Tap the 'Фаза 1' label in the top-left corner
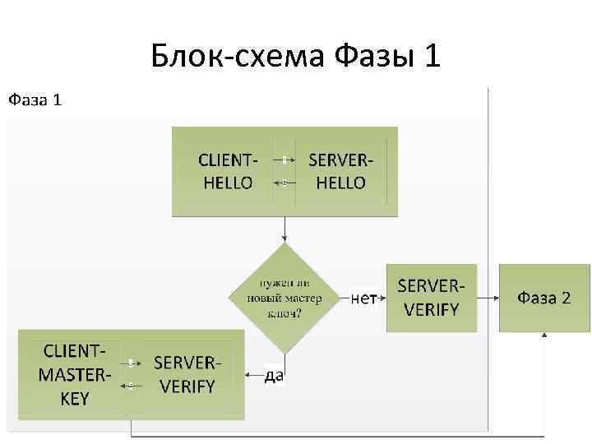pos(35,100)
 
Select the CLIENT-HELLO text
pos(228,171)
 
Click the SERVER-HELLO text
pos(340,171)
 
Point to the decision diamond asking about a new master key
pos(285,298)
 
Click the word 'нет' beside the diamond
pos(363,298)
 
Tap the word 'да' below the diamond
pos(275,376)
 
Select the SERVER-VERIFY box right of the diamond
pos(431,298)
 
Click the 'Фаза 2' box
pos(543,298)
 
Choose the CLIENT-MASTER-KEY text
pos(73,375)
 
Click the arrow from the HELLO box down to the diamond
pos(284,229)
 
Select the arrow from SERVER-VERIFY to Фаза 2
pos(487,298)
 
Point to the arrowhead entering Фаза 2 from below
pos(543,336)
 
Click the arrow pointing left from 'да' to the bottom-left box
pos(253,375)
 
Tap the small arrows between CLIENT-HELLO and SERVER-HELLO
pos(284,170)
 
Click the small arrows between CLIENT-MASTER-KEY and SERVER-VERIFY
pos(131,373)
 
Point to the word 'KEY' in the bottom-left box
pos(75,399)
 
